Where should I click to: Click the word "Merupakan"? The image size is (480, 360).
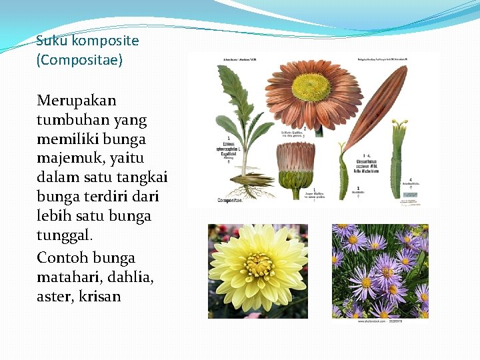point(77,101)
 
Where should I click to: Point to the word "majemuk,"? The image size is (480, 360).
point(69,159)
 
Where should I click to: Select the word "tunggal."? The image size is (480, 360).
point(65,235)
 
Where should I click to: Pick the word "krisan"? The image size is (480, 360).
point(99,296)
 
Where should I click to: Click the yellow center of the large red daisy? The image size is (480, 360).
point(311,87)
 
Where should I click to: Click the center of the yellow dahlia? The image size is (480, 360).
point(258,264)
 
